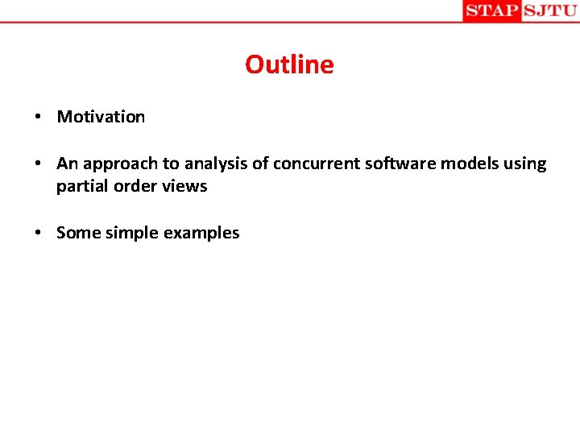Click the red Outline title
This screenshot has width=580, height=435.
coord(289,64)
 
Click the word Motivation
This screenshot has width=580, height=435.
coord(101,117)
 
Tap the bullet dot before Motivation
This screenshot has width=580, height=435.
coord(39,118)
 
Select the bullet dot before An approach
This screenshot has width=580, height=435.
coord(39,164)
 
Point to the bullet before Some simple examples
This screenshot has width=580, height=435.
coord(39,234)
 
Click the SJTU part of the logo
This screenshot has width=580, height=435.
coord(550,10)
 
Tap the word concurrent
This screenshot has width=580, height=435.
coord(310,164)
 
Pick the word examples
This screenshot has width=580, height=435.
coord(201,233)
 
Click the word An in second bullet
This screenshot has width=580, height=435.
coord(67,164)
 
